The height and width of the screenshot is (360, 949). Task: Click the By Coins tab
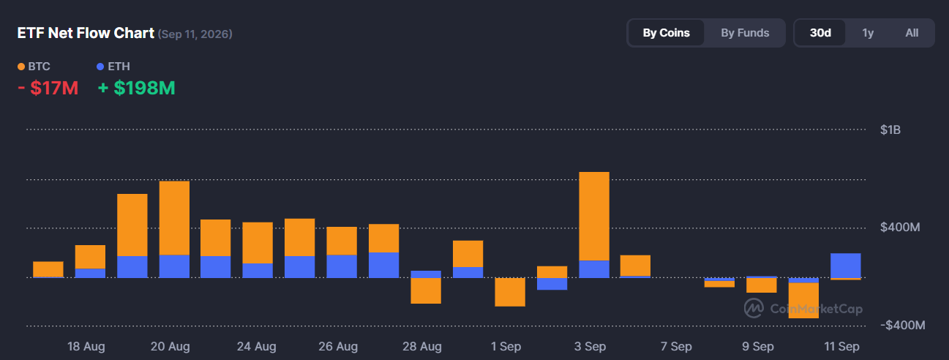tap(666, 33)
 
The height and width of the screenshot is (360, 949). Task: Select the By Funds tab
tap(745, 33)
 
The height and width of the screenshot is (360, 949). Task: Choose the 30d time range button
tap(820, 33)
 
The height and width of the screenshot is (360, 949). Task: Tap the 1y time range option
tap(868, 33)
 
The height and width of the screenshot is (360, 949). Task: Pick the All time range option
tap(912, 33)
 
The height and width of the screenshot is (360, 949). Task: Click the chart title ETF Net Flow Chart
tap(86, 33)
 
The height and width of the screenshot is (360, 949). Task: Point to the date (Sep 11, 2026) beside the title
tap(195, 34)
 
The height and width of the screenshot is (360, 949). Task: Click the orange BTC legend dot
tap(21, 67)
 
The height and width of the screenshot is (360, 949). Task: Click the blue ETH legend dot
tap(100, 67)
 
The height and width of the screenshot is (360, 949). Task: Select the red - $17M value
tap(48, 88)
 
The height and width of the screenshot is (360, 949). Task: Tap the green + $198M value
tap(136, 88)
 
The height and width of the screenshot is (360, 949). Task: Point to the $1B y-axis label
tap(890, 130)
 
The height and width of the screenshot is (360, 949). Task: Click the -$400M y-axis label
tap(902, 326)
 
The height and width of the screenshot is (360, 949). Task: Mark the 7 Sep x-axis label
tap(676, 346)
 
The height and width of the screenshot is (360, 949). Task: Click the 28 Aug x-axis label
tap(422, 346)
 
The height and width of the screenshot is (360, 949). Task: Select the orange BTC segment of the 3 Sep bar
tap(594, 216)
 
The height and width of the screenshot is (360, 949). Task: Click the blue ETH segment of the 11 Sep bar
tap(846, 266)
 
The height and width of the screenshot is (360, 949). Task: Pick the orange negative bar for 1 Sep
tap(510, 292)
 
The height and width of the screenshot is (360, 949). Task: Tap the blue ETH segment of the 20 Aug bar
tap(174, 266)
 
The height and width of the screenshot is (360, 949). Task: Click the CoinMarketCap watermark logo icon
tap(754, 308)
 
